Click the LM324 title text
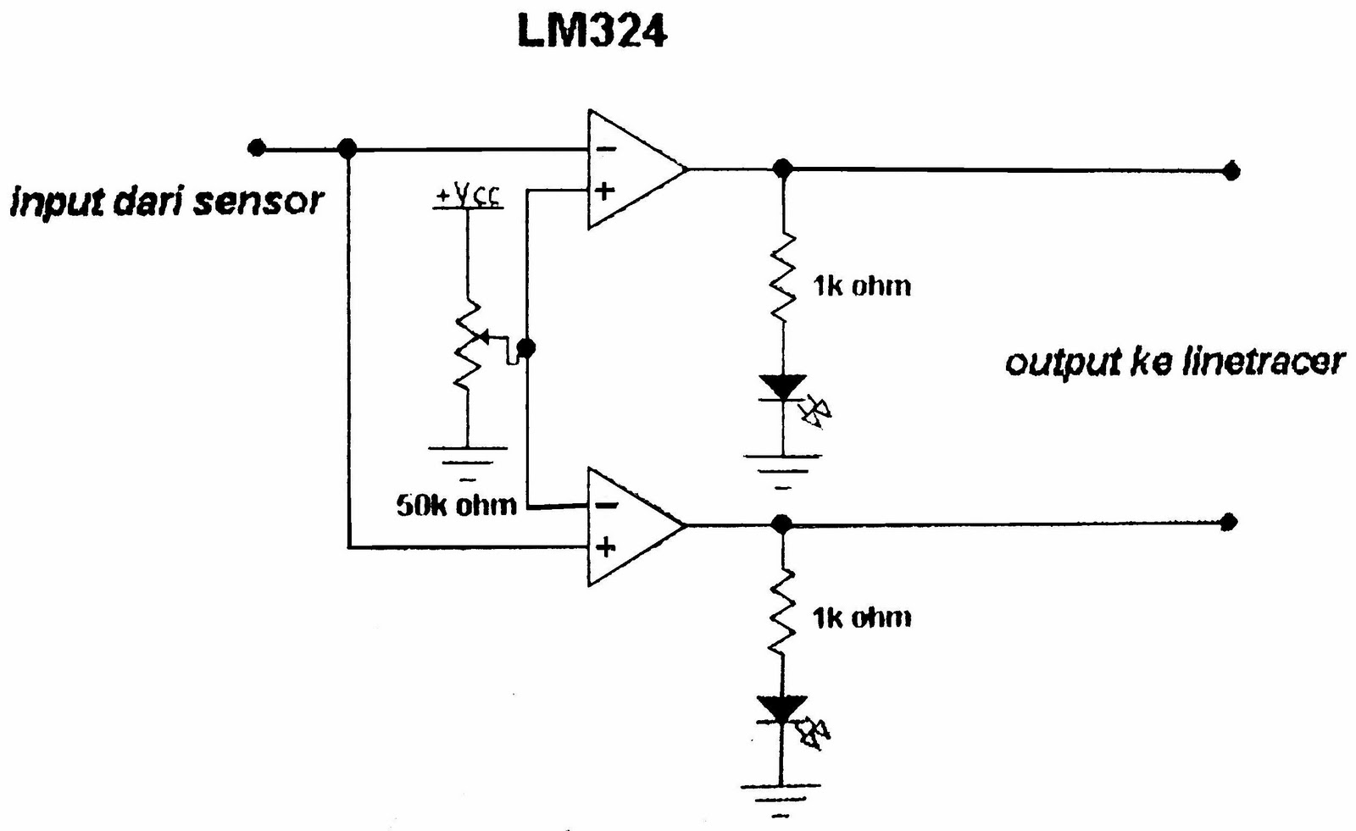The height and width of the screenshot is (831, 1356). pos(592,31)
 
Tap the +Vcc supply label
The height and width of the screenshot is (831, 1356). pos(468,197)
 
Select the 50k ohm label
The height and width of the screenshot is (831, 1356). pos(456,505)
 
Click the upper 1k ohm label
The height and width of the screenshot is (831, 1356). pos(861,286)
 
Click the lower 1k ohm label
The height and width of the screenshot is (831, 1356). pos(861,618)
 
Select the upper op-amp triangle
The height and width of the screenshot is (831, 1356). pos(631,169)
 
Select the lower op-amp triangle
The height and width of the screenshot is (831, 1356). pos(631,526)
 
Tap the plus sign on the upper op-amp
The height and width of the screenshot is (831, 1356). pos(604,190)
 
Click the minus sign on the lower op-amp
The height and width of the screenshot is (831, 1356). pos(606,506)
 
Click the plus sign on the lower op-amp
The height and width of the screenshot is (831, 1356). pos(604,547)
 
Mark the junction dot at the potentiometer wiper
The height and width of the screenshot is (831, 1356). pos(526,347)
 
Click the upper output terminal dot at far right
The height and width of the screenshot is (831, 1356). pos(1231,171)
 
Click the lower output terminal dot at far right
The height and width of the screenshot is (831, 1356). pos(1228,522)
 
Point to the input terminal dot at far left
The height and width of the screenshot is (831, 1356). pos(257,149)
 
